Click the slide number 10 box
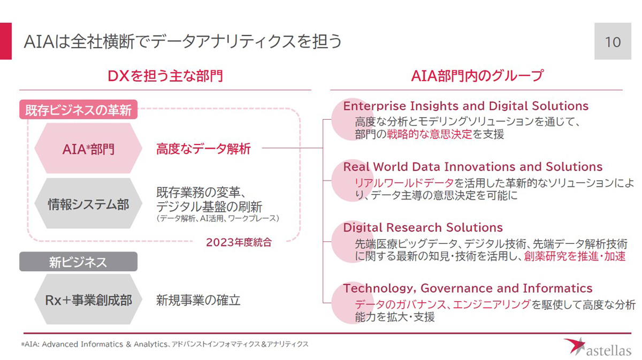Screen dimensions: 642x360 point(613,41)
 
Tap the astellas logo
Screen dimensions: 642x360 point(597,347)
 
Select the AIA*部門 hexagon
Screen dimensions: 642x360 point(88,148)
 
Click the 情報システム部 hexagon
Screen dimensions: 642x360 point(88,203)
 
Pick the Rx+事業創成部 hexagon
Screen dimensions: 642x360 point(88,300)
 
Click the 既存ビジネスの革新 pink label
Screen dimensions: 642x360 point(78,110)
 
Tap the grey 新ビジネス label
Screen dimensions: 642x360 point(78,262)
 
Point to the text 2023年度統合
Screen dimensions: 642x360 point(239,242)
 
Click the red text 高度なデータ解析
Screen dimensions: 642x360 point(203,149)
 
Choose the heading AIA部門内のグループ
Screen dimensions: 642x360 point(477,76)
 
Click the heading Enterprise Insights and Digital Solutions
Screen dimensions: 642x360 point(466,106)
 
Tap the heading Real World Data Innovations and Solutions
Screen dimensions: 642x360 point(473,167)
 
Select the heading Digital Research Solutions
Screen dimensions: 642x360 point(423,227)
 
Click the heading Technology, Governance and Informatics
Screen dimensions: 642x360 point(468,288)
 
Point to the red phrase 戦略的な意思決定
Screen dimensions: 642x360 point(429,134)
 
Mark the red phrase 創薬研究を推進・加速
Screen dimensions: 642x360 point(575,256)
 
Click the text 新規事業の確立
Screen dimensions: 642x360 point(198,300)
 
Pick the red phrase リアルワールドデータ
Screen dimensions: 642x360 point(404,183)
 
